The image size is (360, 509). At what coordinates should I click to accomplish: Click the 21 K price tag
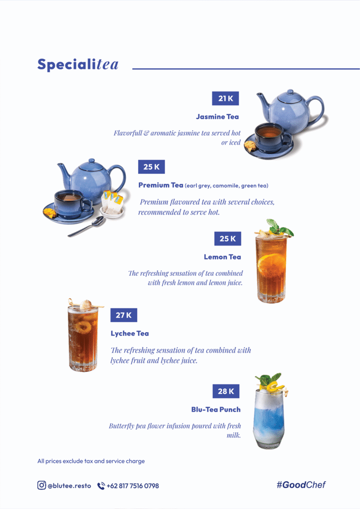(225, 98)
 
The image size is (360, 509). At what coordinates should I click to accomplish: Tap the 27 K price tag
(124, 315)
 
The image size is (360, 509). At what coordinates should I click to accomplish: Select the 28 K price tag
(226, 391)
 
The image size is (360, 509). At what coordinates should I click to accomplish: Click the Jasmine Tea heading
(217, 116)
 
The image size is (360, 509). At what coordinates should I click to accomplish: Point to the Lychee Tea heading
(129, 334)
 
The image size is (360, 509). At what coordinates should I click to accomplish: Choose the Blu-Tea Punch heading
(216, 410)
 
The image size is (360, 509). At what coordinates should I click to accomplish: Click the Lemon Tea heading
(222, 257)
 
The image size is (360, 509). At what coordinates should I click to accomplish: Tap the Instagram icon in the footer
(42, 485)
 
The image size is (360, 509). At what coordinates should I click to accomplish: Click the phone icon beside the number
(101, 486)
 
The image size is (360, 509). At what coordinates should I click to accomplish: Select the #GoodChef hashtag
(301, 485)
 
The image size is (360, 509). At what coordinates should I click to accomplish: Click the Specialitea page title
(78, 64)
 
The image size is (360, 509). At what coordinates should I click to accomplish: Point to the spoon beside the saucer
(87, 226)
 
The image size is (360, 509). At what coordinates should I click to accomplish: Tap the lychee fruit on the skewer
(86, 305)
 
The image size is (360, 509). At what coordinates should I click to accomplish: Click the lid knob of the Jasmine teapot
(290, 92)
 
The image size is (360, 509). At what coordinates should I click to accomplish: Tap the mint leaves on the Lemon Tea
(278, 227)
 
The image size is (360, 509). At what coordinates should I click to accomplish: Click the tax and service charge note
(91, 461)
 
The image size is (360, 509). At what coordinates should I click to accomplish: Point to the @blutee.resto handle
(69, 486)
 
